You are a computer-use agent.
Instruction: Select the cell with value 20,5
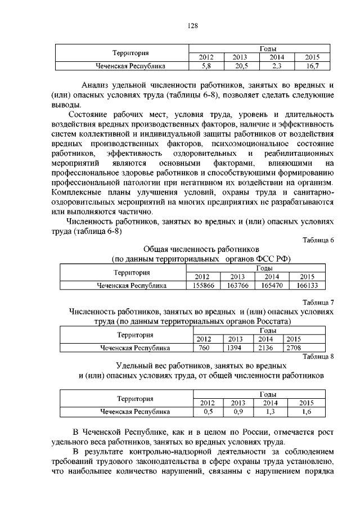(240, 66)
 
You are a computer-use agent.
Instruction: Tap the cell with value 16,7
(308, 66)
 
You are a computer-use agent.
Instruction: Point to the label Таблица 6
(318, 240)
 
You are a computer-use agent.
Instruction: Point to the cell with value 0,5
(208, 412)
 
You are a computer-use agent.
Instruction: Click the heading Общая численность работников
(201, 248)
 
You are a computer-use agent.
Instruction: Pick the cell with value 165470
(272, 286)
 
